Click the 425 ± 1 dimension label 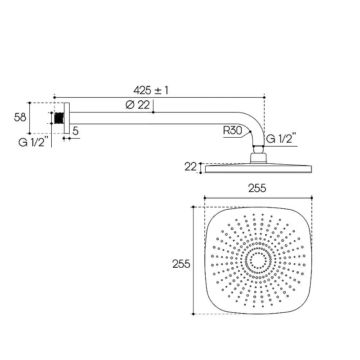(x=151, y=90)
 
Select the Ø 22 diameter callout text (x=138, y=105)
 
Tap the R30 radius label (x=232, y=130)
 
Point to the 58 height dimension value (x=20, y=117)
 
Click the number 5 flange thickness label (x=76, y=131)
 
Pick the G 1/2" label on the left (x=33, y=142)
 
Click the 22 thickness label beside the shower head (x=190, y=166)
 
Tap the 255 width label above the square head (x=257, y=188)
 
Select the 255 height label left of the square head (x=181, y=264)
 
